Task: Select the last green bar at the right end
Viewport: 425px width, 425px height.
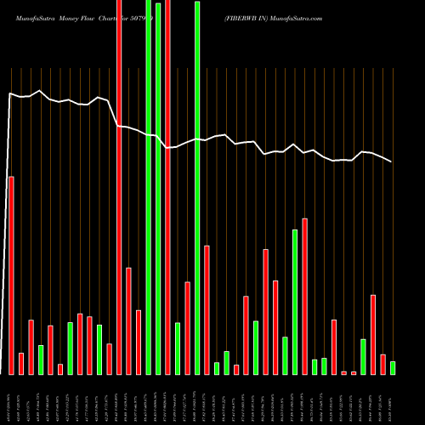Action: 393,367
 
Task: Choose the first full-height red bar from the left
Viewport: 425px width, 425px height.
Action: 119,187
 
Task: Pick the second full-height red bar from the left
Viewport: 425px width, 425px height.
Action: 167,187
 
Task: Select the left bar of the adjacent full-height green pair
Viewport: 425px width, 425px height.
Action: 149,187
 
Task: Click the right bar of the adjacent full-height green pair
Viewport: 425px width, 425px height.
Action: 158,187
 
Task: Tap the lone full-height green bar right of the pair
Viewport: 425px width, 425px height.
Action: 197,187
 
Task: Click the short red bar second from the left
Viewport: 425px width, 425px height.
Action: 21,363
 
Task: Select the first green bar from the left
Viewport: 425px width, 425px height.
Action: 41,359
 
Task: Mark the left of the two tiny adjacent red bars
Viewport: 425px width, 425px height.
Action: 343,372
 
